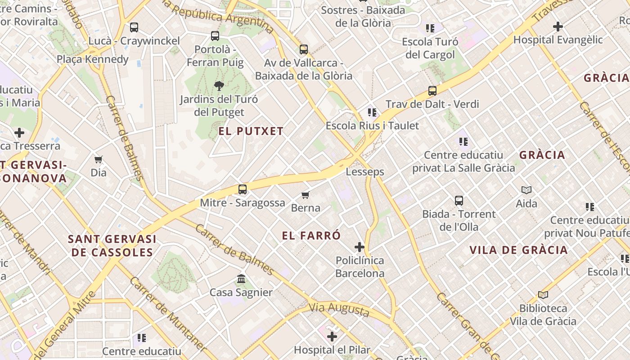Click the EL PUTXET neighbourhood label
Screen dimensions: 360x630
pyautogui.click(x=251, y=131)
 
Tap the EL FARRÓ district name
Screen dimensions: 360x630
pyautogui.click(x=311, y=235)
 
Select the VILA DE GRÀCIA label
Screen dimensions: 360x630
pyautogui.click(x=518, y=250)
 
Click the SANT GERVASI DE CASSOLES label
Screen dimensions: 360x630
pyautogui.click(x=112, y=246)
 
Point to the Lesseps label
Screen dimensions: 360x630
pyautogui.click(x=365, y=172)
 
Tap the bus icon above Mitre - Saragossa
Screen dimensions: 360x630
pyautogui.click(x=243, y=189)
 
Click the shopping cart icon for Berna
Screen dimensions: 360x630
pyautogui.click(x=306, y=195)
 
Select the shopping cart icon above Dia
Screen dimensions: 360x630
pyautogui.click(x=99, y=159)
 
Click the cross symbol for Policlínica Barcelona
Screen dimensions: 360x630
pyautogui.click(x=359, y=247)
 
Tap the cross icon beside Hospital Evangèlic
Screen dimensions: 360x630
pyautogui.click(x=558, y=27)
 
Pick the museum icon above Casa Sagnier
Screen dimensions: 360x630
pyautogui.click(x=241, y=279)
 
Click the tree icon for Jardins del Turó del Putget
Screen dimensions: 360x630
pyautogui.click(x=219, y=85)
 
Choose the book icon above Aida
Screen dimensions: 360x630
pyautogui.click(x=526, y=190)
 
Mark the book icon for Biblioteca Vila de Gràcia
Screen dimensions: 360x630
pyautogui.click(x=543, y=295)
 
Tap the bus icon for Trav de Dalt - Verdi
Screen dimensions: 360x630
pyautogui.click(x=432, y=91)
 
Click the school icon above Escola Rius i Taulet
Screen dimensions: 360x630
pyautogui.click(x=372, y=112)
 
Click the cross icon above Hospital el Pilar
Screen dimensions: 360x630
pyautogui.click(x=332, y=337)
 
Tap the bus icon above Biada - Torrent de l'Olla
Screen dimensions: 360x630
pyautogui.click(x=459, y=201)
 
